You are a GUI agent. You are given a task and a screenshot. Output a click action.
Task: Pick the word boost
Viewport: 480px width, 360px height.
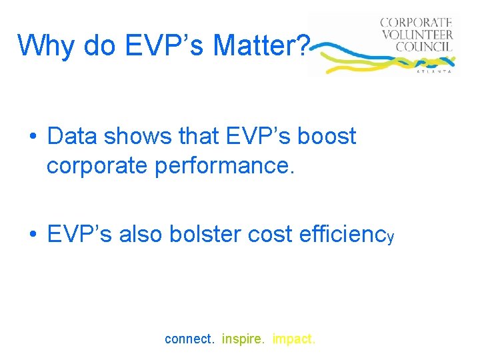327,136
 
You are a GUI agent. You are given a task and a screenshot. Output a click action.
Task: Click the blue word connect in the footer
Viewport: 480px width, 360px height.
189,339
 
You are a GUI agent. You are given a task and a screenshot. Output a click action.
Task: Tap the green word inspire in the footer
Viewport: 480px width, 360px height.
243,339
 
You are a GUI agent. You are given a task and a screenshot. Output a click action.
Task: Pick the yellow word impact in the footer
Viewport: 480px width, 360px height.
294,339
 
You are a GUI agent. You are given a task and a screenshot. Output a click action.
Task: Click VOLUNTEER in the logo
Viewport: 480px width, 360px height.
417,35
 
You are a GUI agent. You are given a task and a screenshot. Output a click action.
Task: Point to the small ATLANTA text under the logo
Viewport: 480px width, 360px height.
434,70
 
